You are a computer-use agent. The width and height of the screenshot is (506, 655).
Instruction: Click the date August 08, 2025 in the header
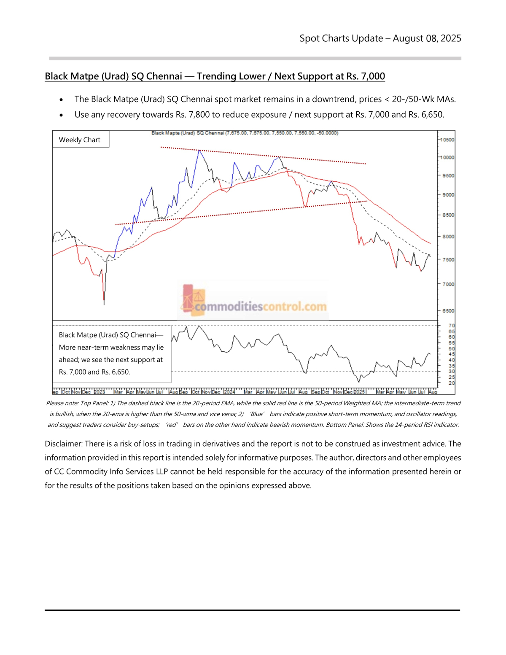427,38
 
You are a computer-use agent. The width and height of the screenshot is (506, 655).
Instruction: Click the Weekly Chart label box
80,140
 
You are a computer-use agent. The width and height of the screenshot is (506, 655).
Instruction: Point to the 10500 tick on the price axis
447,140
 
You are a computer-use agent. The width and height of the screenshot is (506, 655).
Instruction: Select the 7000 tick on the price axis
448,284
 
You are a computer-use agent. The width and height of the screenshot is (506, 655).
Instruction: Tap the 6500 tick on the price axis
448,311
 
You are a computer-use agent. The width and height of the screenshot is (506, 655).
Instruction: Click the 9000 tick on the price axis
448,195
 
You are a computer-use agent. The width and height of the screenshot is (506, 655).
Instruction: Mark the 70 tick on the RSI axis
452,326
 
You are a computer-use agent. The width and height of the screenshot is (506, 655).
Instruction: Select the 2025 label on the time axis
359,392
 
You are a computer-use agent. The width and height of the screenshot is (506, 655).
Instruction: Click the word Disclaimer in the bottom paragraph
63,444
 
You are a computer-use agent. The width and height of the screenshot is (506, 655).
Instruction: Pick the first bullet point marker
62,100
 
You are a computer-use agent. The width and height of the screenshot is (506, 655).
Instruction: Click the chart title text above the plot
245,133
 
